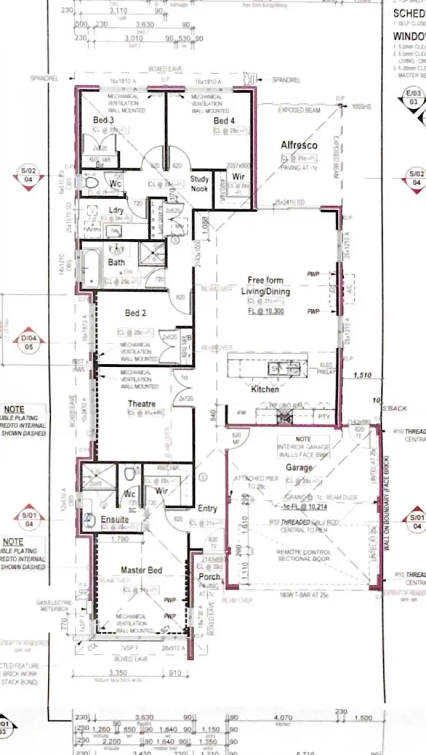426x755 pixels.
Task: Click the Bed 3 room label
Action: [x=103, y=120]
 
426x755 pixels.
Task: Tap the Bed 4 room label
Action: [x=224, y=121]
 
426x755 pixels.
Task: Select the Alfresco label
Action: [x=299, y=146]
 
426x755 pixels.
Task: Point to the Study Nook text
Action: [x=199, y=183]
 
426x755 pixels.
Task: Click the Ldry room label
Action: [x=116, y=210]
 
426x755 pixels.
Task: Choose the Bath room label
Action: [x=116, y=262]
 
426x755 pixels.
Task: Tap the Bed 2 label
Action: [x=136, y=313]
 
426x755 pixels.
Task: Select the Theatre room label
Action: [x=141, y=404]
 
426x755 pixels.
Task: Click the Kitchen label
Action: [x=265, y=390]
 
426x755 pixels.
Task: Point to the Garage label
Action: [x=299, y=467]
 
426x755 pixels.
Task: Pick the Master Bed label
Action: [x=141, y=570]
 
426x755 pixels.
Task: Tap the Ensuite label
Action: [x=115, y=519]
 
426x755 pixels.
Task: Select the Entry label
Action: [x=207, y=509]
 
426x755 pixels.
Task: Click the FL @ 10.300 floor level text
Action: [x=265, y=311]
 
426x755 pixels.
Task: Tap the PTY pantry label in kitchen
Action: [x=324, y=417]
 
